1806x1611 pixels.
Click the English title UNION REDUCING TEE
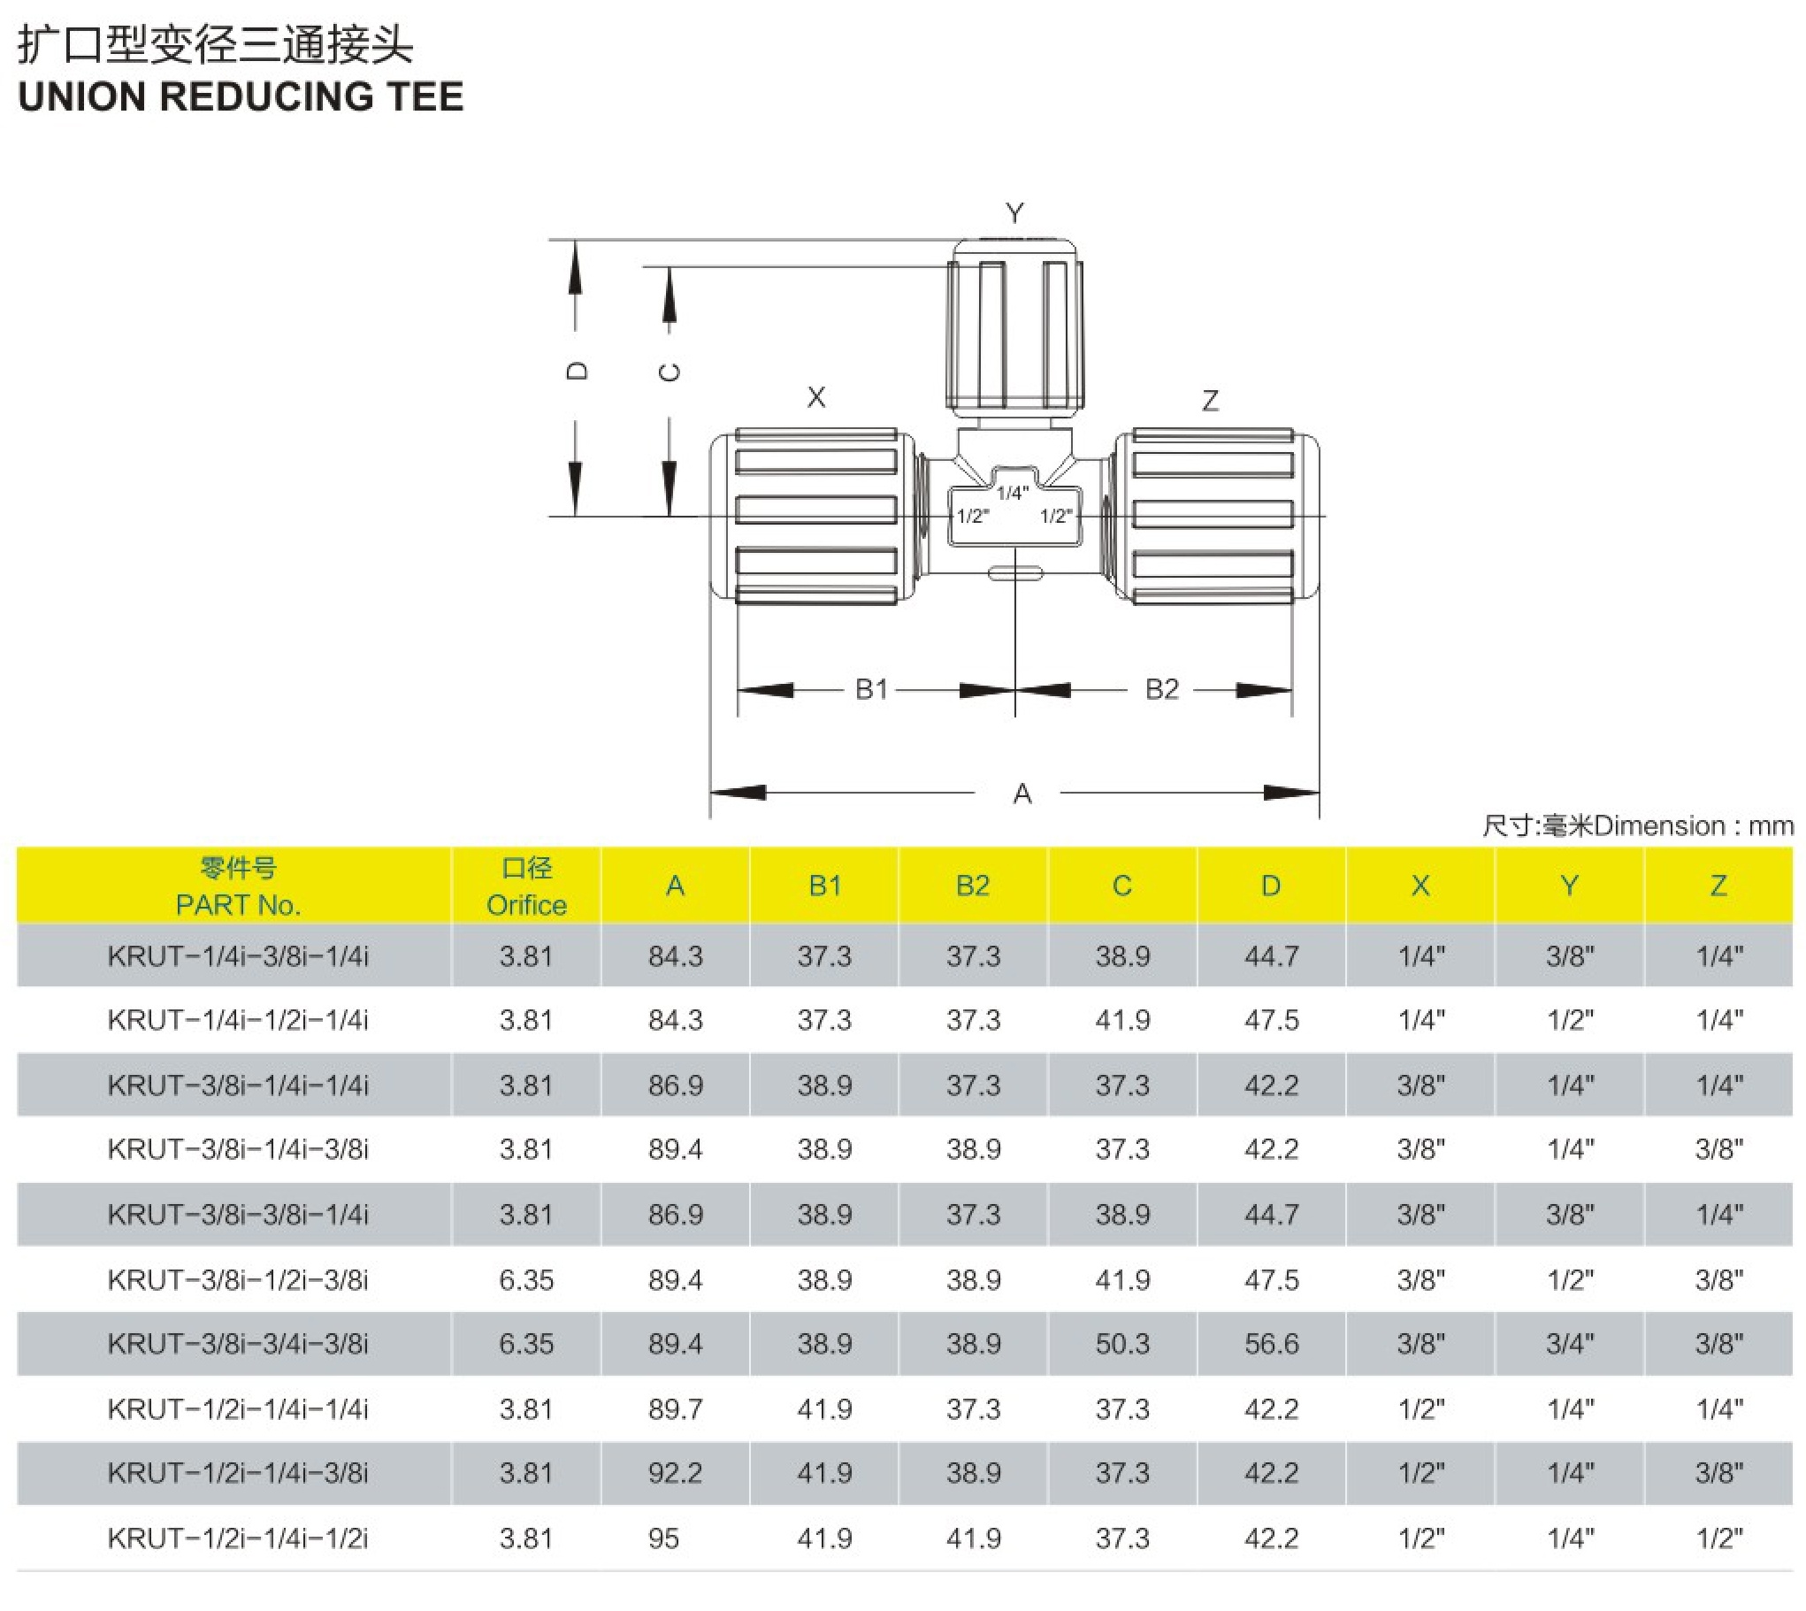241,96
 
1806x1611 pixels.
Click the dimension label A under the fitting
1022,793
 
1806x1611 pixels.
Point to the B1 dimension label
871,688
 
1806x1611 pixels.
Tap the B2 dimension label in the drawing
1162,688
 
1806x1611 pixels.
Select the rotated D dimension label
576,371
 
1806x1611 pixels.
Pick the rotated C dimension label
670,372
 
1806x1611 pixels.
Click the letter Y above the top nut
1015,213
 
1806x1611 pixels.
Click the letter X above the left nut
815,396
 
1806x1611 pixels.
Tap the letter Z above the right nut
1211,401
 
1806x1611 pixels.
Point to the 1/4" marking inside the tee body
1013,492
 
